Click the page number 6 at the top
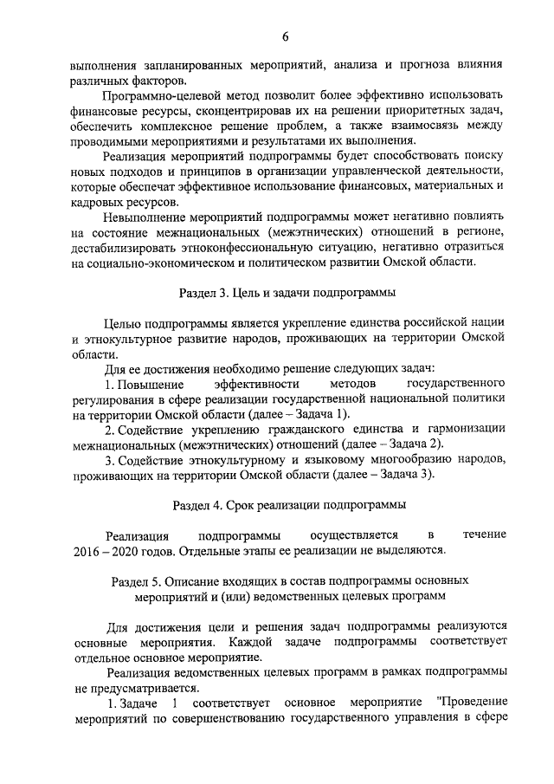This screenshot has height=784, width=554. point(285,35)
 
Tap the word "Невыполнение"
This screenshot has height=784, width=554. point(142,217)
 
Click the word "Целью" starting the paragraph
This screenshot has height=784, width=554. point(121,324)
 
